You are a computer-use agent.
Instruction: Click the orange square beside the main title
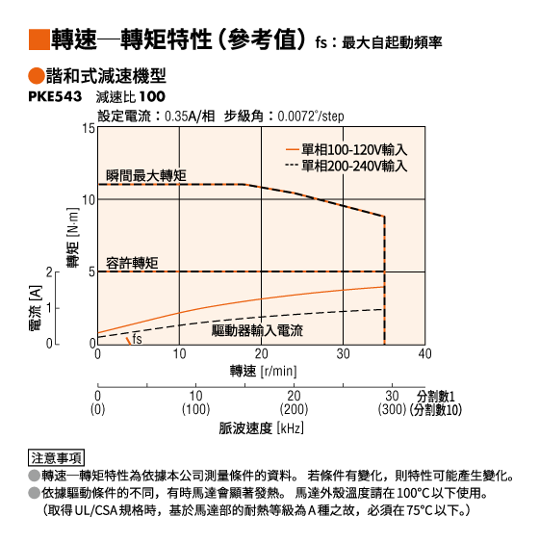39,39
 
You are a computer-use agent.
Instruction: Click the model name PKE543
55,96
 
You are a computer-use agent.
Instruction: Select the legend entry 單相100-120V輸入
346,149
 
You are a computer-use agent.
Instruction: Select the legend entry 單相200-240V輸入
346,166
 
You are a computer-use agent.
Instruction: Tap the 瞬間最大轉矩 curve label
146,175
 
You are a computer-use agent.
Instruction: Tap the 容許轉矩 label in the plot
132,263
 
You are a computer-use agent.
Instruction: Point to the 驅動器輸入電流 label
257,330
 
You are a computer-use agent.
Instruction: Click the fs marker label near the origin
137,339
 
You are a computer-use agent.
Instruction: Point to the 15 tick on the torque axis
89,128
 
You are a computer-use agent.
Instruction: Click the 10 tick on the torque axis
89,200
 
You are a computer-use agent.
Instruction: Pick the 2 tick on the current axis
49,272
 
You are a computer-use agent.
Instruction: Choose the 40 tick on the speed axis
424,354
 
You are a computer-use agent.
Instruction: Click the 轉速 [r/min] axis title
264,371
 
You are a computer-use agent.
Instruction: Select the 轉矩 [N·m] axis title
73,238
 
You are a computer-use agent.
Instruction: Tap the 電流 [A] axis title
36,308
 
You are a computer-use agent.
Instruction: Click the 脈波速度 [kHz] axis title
262,428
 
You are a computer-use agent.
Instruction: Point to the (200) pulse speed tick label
294,409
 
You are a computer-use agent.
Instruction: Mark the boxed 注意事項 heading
56,458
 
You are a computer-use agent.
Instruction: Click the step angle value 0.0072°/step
311,116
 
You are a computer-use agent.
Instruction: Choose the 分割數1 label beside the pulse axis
435,396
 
